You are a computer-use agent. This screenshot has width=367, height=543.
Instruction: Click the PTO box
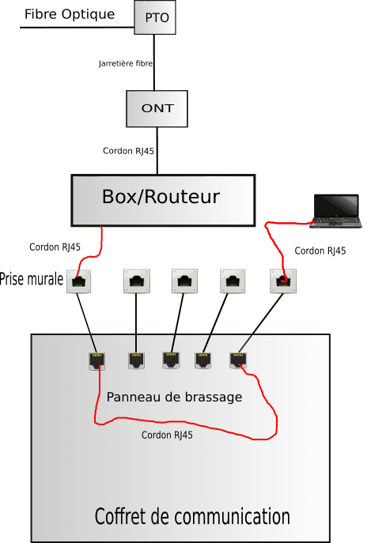coord(155,17)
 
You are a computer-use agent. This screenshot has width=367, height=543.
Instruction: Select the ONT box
coord(157,109)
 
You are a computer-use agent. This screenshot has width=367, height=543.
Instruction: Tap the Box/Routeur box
coord(163,201)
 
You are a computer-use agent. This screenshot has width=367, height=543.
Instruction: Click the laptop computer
coord(336,211)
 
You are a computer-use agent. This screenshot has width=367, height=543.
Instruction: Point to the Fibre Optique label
coord(70,14)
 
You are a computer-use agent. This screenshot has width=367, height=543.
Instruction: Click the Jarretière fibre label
coord(126,63)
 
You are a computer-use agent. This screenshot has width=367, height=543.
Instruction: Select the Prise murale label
coord(32,279)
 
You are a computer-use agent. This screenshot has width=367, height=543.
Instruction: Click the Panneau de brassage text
coord(174,397)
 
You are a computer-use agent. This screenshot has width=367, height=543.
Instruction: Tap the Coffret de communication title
coord(192,516)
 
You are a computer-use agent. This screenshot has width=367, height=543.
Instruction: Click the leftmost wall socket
coord(79,281)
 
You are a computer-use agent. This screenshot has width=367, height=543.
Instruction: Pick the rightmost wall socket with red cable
coord(283,281)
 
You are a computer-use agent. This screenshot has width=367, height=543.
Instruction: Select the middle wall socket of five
coord(185,281)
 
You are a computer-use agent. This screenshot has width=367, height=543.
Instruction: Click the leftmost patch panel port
coord(97,361)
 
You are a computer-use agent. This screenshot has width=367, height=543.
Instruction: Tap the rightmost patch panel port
coord(238,360)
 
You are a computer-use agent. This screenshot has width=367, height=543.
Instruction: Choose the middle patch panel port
coord(171,360)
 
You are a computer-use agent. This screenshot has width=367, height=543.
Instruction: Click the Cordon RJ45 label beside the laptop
coord(320,251)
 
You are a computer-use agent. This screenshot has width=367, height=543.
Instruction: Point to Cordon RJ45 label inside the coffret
coord(167,435)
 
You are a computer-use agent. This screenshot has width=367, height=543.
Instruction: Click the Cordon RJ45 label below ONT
coord(128,151)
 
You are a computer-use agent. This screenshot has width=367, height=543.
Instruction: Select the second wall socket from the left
coord(137,281)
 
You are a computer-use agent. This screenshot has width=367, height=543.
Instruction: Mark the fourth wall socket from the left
coord(233,281)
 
